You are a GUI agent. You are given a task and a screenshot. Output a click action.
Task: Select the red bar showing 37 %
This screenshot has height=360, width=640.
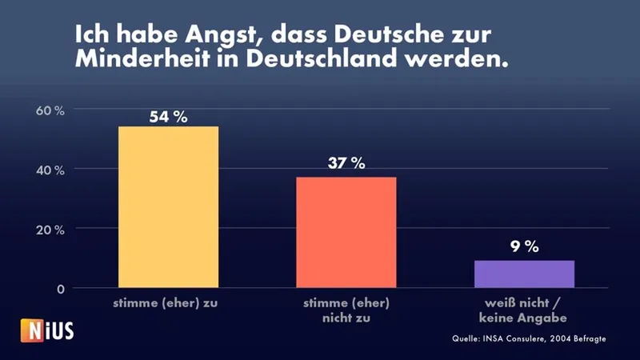click(346, 232)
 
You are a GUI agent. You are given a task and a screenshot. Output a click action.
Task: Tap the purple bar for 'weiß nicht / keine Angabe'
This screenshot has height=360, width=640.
click(524, 274)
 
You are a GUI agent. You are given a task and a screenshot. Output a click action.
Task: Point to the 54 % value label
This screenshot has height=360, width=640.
click(168, 117)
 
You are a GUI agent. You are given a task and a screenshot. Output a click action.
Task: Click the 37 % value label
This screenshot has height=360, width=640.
click(346, 164)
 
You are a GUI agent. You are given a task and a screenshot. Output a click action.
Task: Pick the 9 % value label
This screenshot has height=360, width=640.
click(524, 247)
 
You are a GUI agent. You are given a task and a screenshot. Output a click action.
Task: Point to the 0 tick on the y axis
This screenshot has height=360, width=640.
click(60, 289)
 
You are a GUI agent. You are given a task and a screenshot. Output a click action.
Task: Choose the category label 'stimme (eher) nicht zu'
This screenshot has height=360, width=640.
click(346, 310)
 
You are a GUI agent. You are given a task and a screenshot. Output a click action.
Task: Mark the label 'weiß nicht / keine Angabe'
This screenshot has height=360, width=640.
click(524, 310)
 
